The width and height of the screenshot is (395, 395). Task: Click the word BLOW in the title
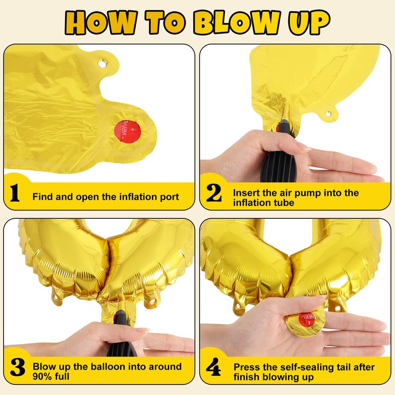(x=237, y=22)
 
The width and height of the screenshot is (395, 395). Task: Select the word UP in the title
(x=309, y=22)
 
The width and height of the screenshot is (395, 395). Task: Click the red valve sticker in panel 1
(x=127, y=131)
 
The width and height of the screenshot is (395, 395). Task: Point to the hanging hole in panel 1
(x=102, y=64)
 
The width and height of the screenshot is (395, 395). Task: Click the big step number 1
(x=15, y=193)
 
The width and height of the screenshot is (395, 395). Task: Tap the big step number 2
(x=214, y=193)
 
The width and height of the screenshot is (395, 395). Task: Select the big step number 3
(x=18, y=367)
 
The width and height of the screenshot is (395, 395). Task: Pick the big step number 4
(x=213, y=367)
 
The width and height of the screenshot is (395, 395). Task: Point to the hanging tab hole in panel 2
(x=328, y=114)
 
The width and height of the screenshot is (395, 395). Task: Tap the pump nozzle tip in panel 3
(x=119, y=313)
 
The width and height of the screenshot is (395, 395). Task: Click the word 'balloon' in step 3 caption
(x=108, y=366)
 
